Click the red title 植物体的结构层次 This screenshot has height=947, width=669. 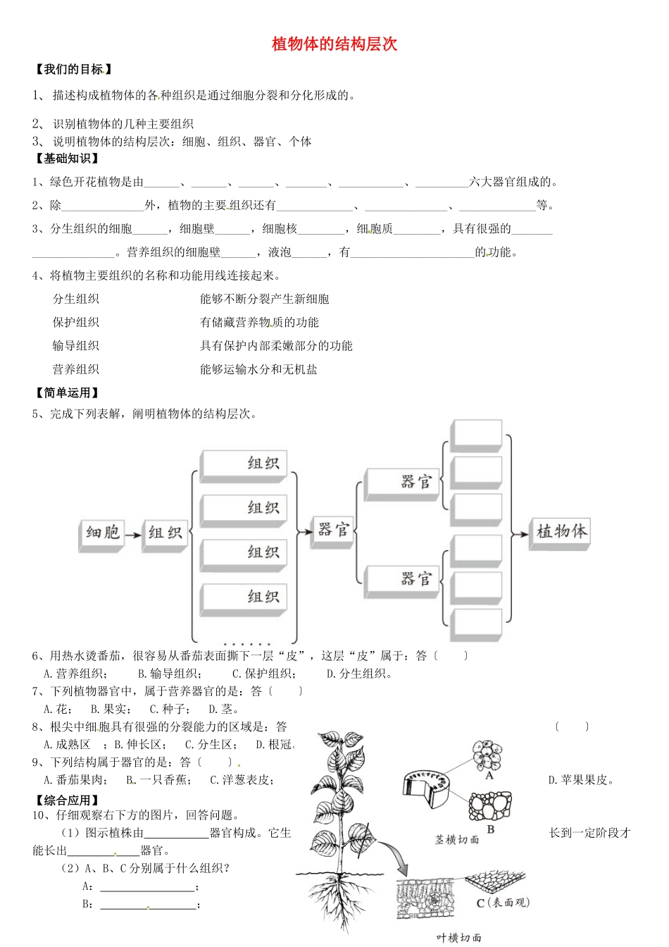pos(334,44)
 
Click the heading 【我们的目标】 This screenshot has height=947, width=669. pos(73,69)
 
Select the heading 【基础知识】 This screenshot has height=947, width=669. pos(68,159)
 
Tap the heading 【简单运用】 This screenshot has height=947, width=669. pos(68,392)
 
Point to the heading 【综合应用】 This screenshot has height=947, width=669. pos(68,800)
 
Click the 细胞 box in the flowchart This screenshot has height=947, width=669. pos(101,533)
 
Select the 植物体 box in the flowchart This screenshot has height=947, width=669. pos(560,531)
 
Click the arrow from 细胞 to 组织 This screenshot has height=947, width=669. pos(133,536)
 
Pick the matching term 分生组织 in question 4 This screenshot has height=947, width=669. pos(76,299)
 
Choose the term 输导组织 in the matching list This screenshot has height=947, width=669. pos(76,345)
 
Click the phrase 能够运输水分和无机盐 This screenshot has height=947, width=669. pos(258,369)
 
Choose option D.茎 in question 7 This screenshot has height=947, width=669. pos(223,709)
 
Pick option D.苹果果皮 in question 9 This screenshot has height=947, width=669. pos(581,779)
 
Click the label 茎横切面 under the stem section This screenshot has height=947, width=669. pos(456,839)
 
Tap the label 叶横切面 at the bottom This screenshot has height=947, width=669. pos(458,937)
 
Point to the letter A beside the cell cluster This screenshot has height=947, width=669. pos(489,775)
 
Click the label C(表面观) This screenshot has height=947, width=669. pos(502,903)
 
